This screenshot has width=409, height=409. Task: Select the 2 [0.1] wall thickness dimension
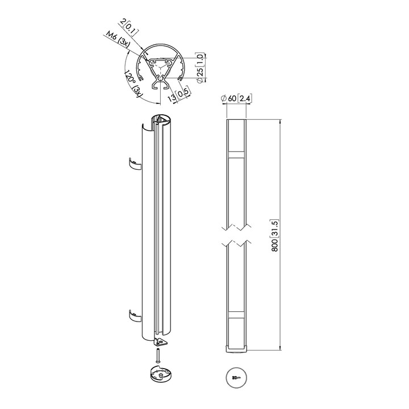click(x=128, y=26)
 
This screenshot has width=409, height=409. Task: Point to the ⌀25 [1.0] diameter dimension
click(x=201, y=68)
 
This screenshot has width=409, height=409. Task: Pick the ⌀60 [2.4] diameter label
click(x=236, y=99)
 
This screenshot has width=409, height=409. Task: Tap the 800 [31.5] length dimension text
click(x=275, y=236)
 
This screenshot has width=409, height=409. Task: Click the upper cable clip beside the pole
click(x=135, y=164)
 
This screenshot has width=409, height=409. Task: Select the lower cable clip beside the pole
click(x=135, y=316)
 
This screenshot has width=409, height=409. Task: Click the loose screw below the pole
click(x=158, y=355)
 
